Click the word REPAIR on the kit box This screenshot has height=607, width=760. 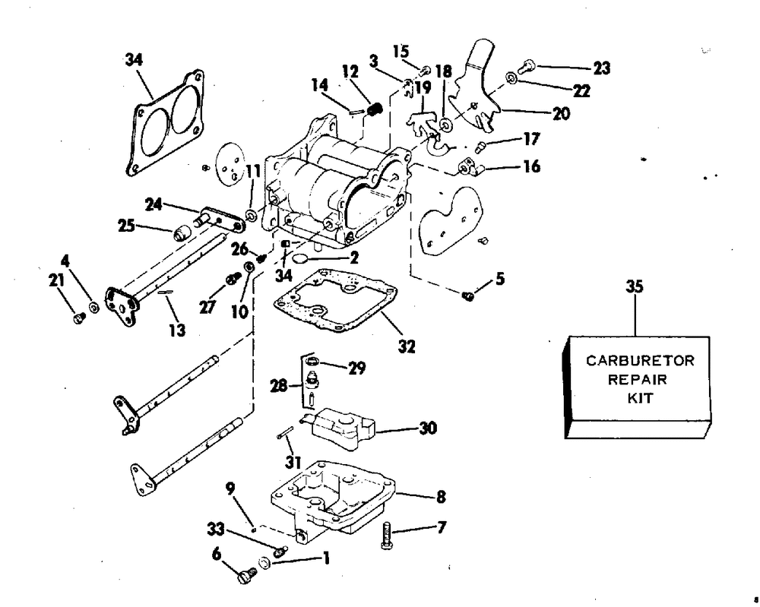click(638, 379)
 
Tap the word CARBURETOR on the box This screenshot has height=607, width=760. click(640, 360)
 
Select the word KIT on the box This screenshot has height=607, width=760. click(640, 398)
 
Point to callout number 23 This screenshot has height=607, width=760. click(601, 68)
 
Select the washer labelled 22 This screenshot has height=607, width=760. click(511, 77)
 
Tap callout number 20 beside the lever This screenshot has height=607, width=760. click(562, 113)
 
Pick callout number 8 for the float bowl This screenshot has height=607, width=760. click(441, 497)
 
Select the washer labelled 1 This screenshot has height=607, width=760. click(264, 563)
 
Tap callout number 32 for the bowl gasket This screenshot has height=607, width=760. click(407, 346)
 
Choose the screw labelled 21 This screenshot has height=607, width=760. click(79, 318)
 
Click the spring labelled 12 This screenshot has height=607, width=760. click(374, 109)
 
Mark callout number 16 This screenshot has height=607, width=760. click(532, 166)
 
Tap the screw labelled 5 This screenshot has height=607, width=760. click(467, 296)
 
